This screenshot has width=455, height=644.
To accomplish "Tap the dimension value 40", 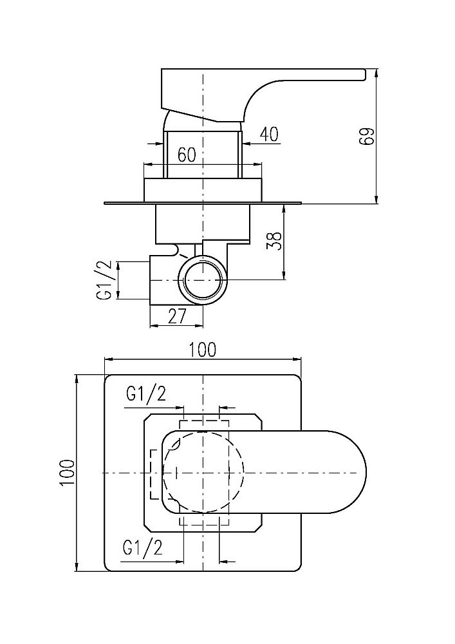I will click(x=269, y=134).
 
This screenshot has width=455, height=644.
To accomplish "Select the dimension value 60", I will click(x=187, y=154).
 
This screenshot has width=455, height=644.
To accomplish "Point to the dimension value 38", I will click(x=275, y=241).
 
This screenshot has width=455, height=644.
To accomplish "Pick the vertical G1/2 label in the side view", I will click(x=105, y=279).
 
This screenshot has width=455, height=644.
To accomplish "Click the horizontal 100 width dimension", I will click(x=203, y=350).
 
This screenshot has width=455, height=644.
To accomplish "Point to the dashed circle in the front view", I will click(x=204, y=473).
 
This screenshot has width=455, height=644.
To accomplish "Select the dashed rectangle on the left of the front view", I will click(x=154, y=473).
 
